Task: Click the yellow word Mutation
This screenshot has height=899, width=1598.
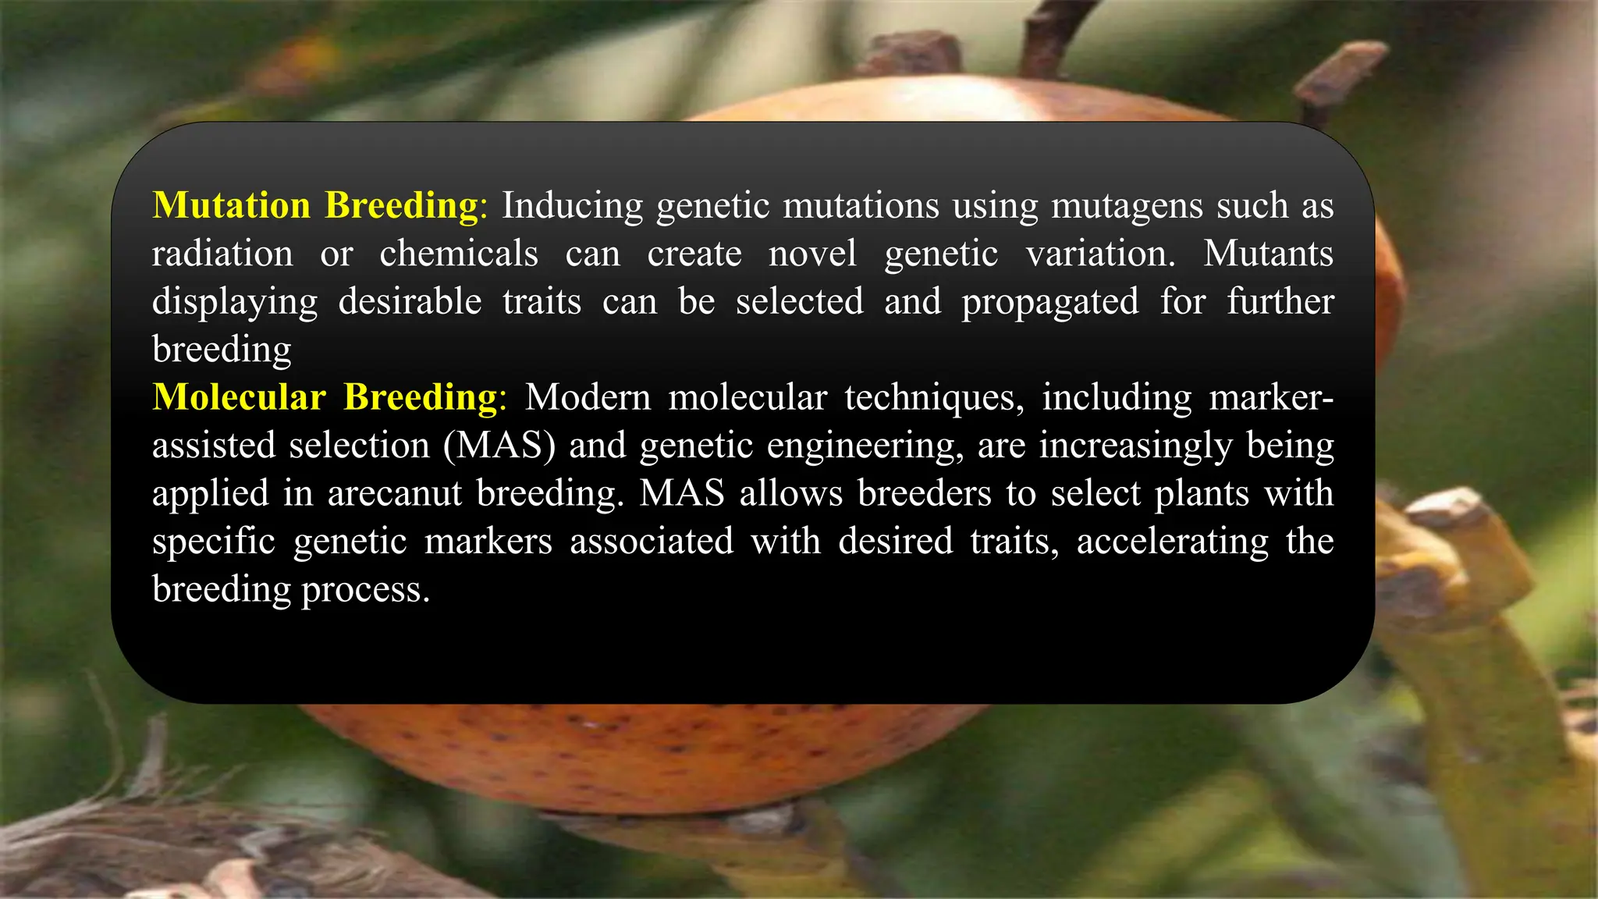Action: (x=232, y=205)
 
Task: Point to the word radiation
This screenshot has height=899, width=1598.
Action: (x=222, y=254)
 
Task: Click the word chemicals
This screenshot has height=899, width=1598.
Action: (x=459, y=254)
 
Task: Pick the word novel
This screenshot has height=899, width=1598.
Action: (x=812, y=254)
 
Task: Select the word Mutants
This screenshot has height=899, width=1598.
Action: (x=1268, y=254)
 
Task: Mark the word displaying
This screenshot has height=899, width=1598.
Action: (x=235, y=303)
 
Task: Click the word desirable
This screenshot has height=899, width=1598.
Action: (x=410, y=301)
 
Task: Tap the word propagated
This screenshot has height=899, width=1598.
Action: (x=1049, y=303)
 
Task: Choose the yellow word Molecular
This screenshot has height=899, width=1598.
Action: (x=239, y=397)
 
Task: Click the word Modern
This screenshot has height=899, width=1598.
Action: (x=588, y=398)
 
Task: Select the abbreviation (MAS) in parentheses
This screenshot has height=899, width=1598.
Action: (x=499, y=446)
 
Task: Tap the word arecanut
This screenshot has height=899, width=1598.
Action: (x=394, y=494)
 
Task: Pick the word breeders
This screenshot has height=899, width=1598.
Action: (x=925, y=494)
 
